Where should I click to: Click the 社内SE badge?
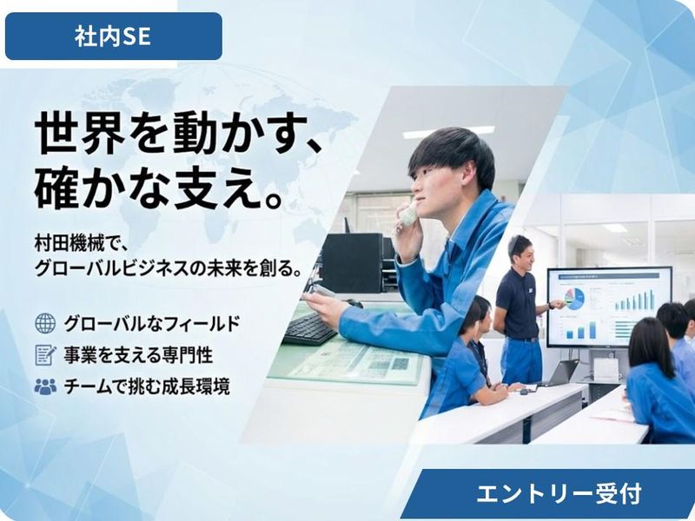(113, 36)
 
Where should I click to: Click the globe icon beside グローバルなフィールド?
(44, 324)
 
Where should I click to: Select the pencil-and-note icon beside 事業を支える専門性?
(44, 355)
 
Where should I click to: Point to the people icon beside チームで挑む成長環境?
(44, 386)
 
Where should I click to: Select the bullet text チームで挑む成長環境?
(147, 386)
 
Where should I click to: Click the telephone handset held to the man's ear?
(407, 213)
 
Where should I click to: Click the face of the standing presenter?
(520, 253)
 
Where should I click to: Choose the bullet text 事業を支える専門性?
(138, 355)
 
